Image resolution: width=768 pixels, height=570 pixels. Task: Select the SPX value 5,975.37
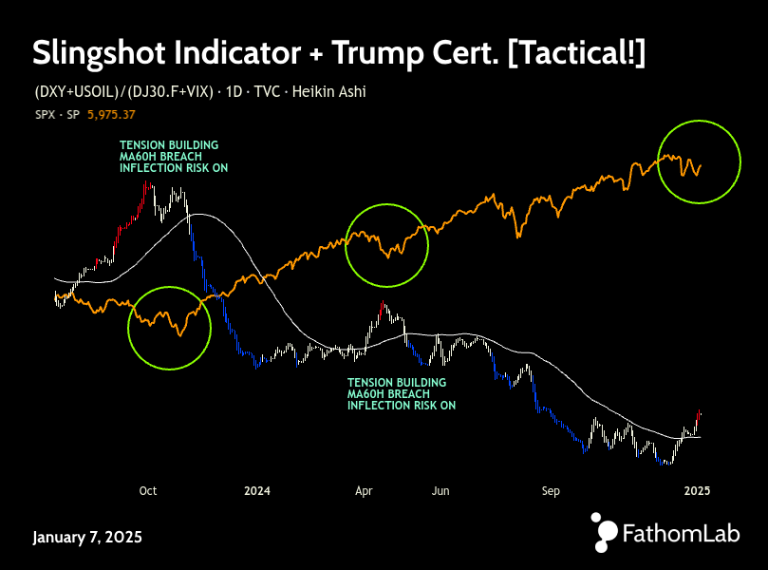coord(111,115)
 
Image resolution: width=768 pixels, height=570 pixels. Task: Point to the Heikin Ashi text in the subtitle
coord(328,92)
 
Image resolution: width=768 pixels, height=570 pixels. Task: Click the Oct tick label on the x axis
coord(147,491)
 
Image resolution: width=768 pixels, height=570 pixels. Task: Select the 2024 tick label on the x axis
coord(257,491)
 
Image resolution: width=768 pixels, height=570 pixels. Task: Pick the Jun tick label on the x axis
coord(440,491)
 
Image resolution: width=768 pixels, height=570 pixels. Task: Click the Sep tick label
coord(552,491)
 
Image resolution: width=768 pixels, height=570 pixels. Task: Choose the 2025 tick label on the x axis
coord(698,491)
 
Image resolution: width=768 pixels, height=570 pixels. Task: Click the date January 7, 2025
coord(87,537)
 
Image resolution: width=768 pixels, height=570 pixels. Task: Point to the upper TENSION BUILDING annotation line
coord(169,145)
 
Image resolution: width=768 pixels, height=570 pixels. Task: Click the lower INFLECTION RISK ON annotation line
coord(402,405)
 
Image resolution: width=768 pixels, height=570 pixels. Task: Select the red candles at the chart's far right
coord(699,416)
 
